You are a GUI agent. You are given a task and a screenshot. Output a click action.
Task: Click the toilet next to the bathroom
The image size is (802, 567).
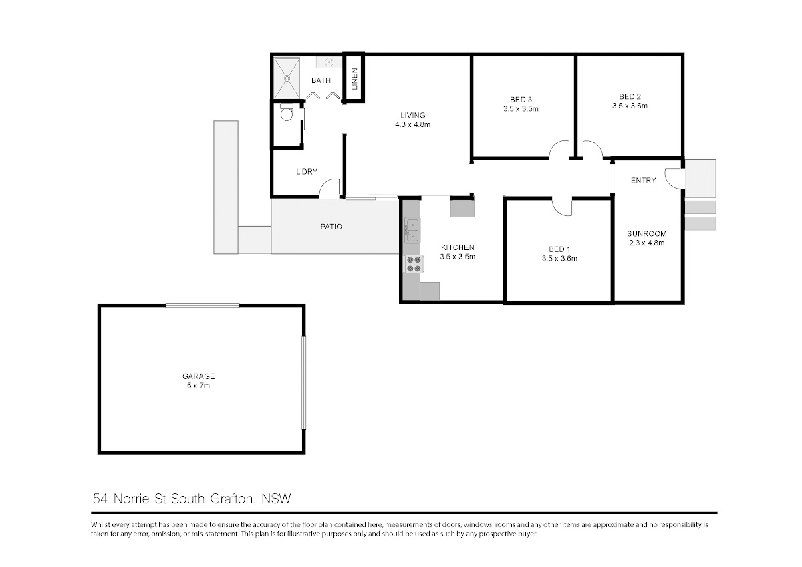click(x=287, y=112)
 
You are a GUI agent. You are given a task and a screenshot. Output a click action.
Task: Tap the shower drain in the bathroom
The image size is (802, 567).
click(x=287, y=78)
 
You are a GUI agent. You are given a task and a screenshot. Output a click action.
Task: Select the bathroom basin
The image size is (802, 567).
click(x=329, y=62)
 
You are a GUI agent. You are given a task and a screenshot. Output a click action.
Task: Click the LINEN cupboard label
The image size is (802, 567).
click(x=354, y=79)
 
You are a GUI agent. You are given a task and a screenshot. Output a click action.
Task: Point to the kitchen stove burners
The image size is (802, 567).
click(x=414, y=264)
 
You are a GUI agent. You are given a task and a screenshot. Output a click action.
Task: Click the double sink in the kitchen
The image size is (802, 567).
click(x=412, y=230)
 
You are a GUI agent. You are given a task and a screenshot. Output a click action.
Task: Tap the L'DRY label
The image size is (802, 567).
click(x=307, y=172)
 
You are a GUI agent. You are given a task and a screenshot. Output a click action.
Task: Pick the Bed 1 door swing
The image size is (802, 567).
click(x=562, y=208)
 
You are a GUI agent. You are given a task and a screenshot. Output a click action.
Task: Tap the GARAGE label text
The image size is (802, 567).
click(x=198, y=376)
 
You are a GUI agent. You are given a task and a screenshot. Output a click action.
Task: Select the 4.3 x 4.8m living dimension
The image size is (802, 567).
click(x=412, y=124)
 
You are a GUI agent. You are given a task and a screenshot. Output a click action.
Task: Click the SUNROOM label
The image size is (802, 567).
click(x=647, y=233)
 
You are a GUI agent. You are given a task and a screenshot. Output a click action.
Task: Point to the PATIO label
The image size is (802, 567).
click(x=331, y=227)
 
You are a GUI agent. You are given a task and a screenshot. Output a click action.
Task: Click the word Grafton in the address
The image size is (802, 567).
click(x=233, y=499)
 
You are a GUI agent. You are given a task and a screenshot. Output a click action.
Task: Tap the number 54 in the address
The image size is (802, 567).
click(x=100, y=499)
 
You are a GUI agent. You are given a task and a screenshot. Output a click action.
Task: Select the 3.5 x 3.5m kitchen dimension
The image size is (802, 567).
click(x=458, y=257)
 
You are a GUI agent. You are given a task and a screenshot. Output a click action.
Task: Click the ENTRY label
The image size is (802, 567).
click(x=644, y=180)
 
